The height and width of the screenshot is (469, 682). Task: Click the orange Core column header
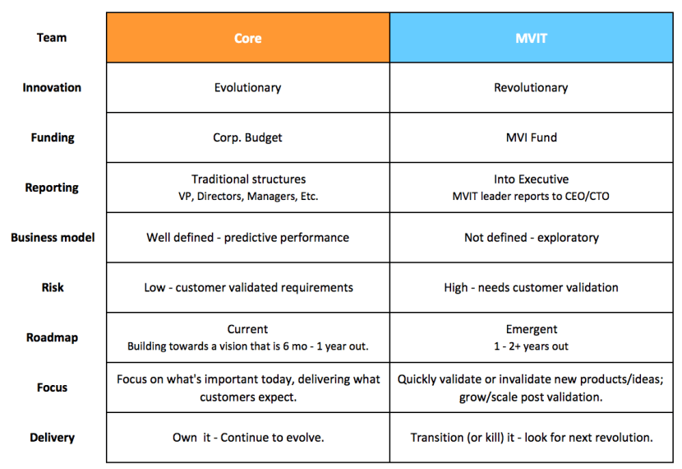(x=247, y=38)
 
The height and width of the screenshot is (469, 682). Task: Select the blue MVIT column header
(x=531, y=38)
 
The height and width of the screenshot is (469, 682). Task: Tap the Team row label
(x=52, y=37)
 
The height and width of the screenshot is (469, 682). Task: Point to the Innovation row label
(x=52, y=87)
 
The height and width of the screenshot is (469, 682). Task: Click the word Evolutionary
(x=247, y=87)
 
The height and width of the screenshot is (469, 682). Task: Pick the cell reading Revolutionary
(x=531, y=87)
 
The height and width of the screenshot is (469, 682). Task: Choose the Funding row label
(x=52, y=137)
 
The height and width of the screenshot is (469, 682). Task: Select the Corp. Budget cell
(x=247, y=137)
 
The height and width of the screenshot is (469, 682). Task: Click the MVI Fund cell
(x=531, y=137)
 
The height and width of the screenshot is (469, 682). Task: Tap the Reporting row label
(x=52, y=188)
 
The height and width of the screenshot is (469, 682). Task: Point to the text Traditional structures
(x=247, y=179)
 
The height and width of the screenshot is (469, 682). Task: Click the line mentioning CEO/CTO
(x=531, y=197)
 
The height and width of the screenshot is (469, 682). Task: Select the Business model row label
(x=52, y=238)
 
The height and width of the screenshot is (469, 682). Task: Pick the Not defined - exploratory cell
(x=531, y=238)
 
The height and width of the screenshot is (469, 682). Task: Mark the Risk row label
(x=52, y=287)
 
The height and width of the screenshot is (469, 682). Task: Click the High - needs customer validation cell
(x=531, y=287)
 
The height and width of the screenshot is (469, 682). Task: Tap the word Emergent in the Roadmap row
(x=531, y=329)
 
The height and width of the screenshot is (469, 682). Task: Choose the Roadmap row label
(x=52, y=337)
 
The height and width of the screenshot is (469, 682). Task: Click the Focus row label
(x=52, y=388)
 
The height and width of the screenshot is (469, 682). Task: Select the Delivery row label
(x=52, y=438)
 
